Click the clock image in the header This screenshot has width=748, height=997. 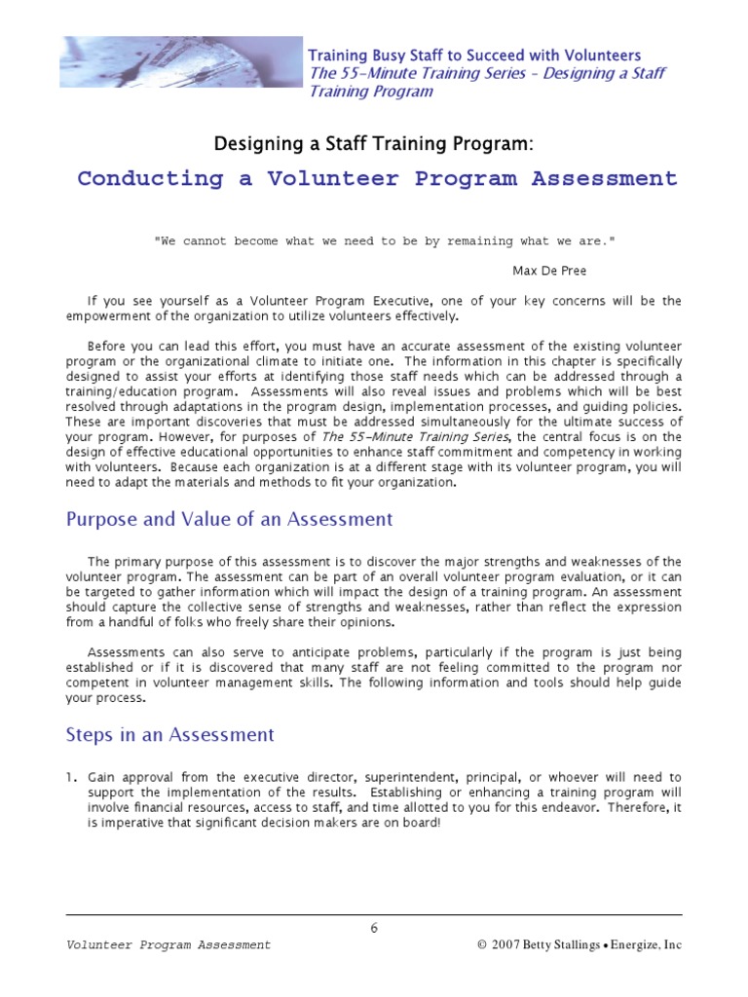click(x=181, y=63)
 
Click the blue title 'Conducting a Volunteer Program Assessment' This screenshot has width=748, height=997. click(x=377, y=179)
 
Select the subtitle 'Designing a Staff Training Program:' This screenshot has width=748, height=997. click(x=374, y=144)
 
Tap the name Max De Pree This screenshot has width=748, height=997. click(x=549, y=271)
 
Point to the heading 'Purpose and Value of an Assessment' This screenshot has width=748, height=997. click(x=229, y=519)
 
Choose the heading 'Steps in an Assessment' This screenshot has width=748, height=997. click(x=169, y=735)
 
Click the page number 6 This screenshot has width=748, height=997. click(x=374, y=928)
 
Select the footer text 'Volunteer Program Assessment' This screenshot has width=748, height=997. click(x=168, y=945)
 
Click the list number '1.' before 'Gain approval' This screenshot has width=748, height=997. click(x=71, y=777)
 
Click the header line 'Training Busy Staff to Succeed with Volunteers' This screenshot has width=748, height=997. click(x=474, y=55)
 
